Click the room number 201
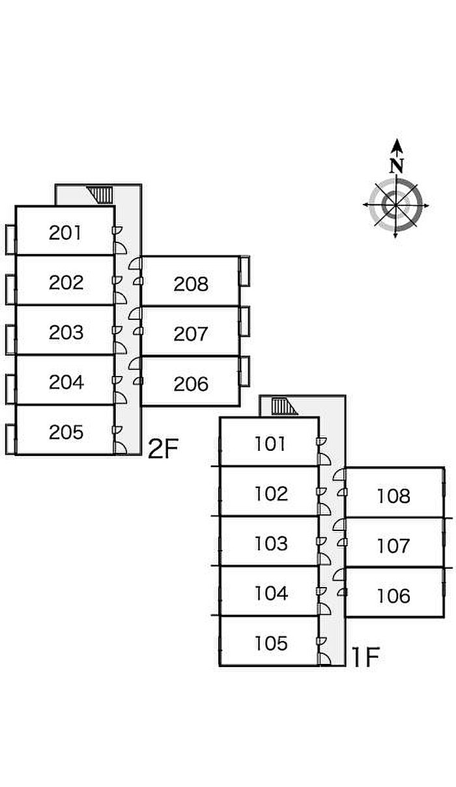[65, 233]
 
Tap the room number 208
[191, 283]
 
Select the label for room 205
[66, 432]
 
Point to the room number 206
[191, 384]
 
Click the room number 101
[270, 444]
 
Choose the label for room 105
[271, 644]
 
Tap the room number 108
[393, 496]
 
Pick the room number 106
[393, 596]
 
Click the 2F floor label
[163, 449]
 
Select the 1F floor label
[365, 658]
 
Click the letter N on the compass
[397, 165]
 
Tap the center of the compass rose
[395, 205]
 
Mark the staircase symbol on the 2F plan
[101, 194]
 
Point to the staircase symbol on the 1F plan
[284, 407]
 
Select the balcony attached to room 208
[245, 271]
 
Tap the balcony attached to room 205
[10, 438]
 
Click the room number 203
[66, 332]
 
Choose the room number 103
[271, 543]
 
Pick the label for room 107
[393, 546]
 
